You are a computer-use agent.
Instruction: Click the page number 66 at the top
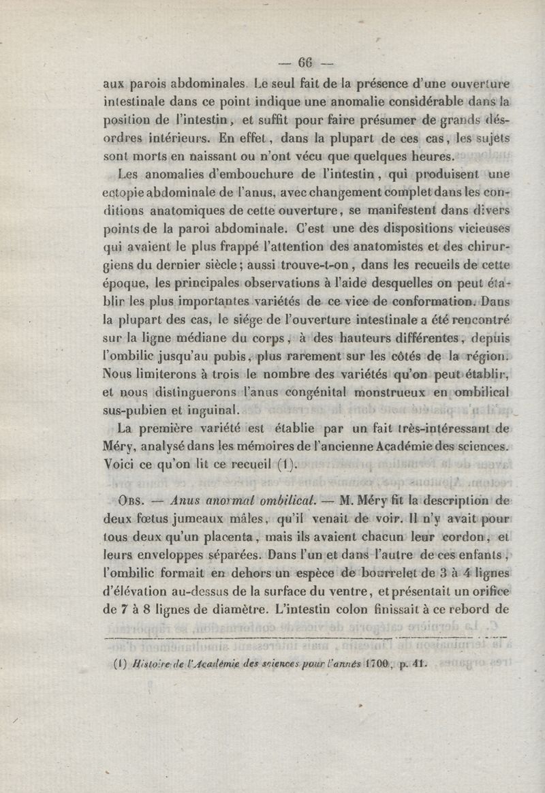(x=303, y=63)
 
